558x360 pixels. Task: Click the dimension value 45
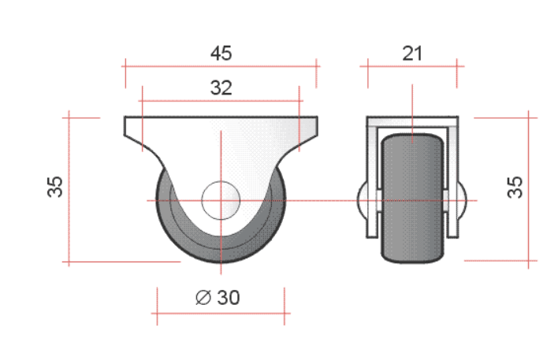[x=221, y=54]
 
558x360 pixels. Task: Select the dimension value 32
[x=221, y=87]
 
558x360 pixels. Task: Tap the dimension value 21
[x=412, y=54]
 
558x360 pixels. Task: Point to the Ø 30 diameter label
[x=218, y=298]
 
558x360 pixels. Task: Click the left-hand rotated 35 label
[x=55, y=187]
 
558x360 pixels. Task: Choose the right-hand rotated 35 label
[x=515, y=187]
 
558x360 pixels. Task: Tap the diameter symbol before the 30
[x=203, y=298]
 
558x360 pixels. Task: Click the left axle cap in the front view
[x=362, y=200]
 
